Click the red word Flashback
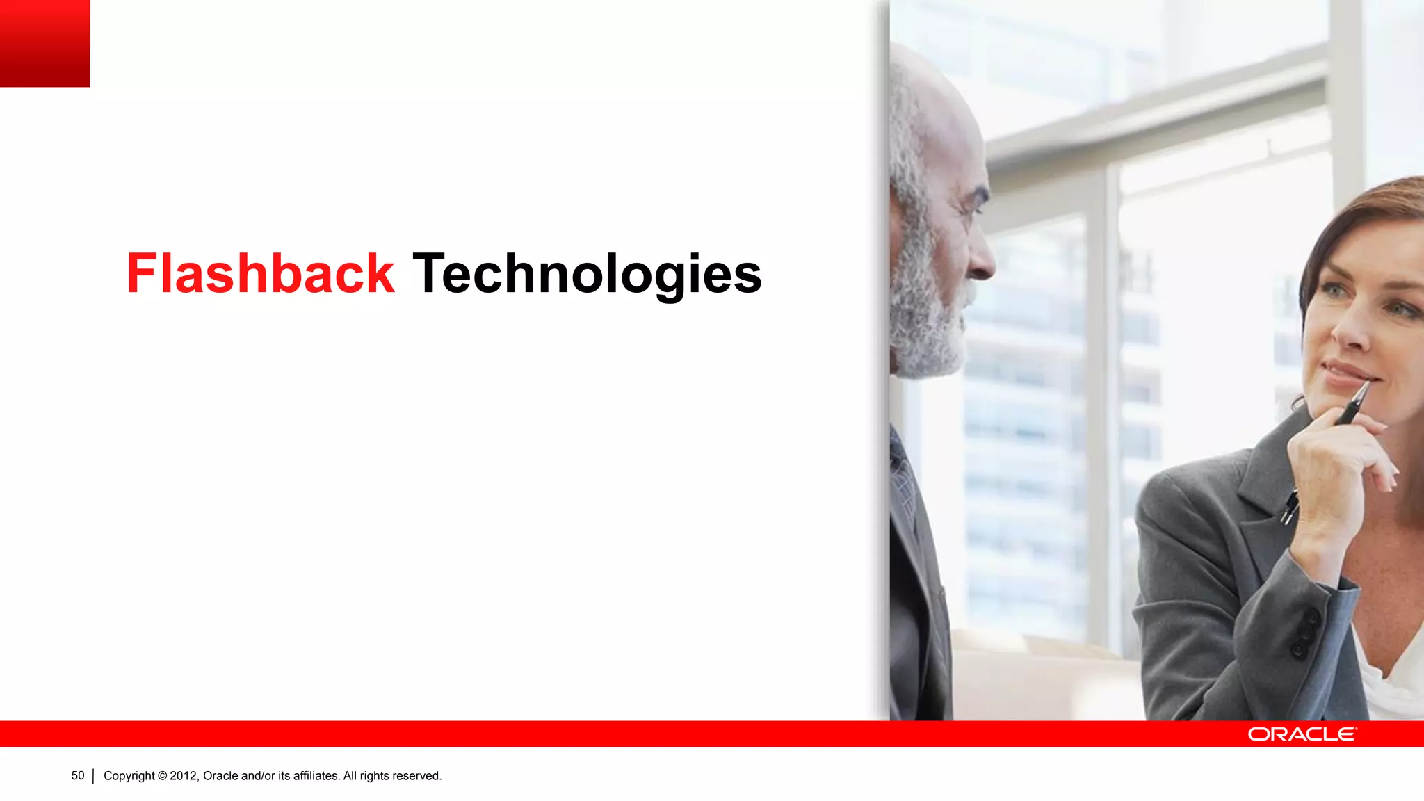pyautogui.click(x=260, y=273)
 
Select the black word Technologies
pyautogui.click(x=587, y=275)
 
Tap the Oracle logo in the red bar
pyautogui.click(x=1302, y=734)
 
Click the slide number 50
pyautogui.click(x=78, y=776)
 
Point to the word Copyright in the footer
pyautogui.click(x=129, y=776)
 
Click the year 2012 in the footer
pyautogui.click(x=184, y=776)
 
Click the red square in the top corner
pyautogui.click(x=44, y=43)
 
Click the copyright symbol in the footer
pyautogui.click(x=162, y=776)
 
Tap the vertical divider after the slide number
pyautogui.click(x=93, y=776)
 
